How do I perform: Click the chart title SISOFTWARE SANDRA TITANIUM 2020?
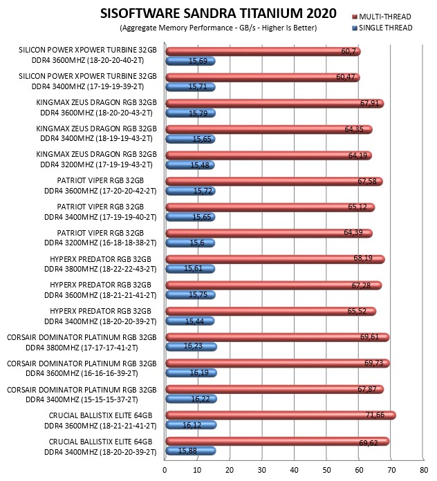tap(218, 14)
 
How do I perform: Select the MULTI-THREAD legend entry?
tap(382, 17)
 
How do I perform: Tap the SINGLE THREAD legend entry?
tap(382, 28)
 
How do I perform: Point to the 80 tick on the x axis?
tap(424, 470)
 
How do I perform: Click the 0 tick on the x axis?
tap(165, 470)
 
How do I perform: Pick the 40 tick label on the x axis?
tap(295, 470)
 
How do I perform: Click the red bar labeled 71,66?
tap(281, 415)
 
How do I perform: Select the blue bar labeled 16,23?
tap(191, 347)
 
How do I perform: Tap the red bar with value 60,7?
tap(263, 52)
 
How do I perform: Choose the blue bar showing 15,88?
tap(191, 451)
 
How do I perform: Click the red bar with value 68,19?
tap(275, 259)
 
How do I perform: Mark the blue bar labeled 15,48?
tap(190, 165)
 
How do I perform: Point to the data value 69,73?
tap(374, 363)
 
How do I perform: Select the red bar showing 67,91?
tap(275, 104)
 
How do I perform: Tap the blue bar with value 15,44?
tap(190, 321)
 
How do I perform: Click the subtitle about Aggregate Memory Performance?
tap(218, 28)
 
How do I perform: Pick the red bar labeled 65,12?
tap(270, 207)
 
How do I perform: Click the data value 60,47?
tap(346, 77)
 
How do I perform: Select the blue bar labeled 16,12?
tap(191, 425)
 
